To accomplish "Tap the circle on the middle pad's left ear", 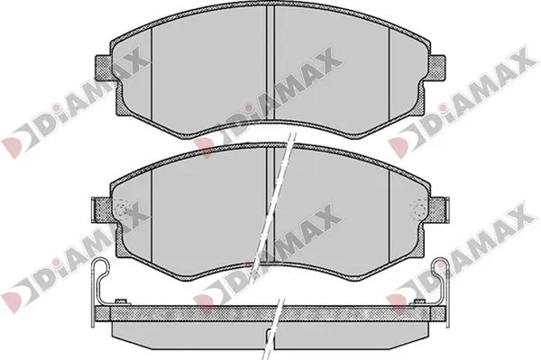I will click(124, 212).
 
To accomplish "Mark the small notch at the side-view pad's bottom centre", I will click(270, 341).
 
